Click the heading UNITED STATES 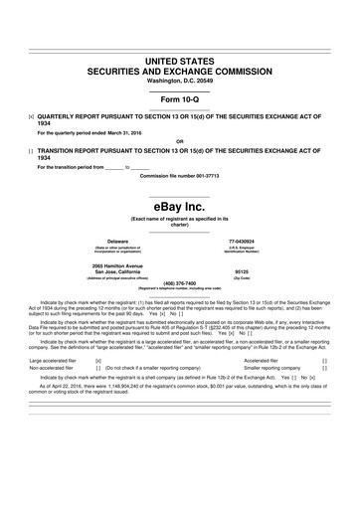[x=180, y=62]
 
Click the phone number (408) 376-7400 [x=180, y=282]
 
